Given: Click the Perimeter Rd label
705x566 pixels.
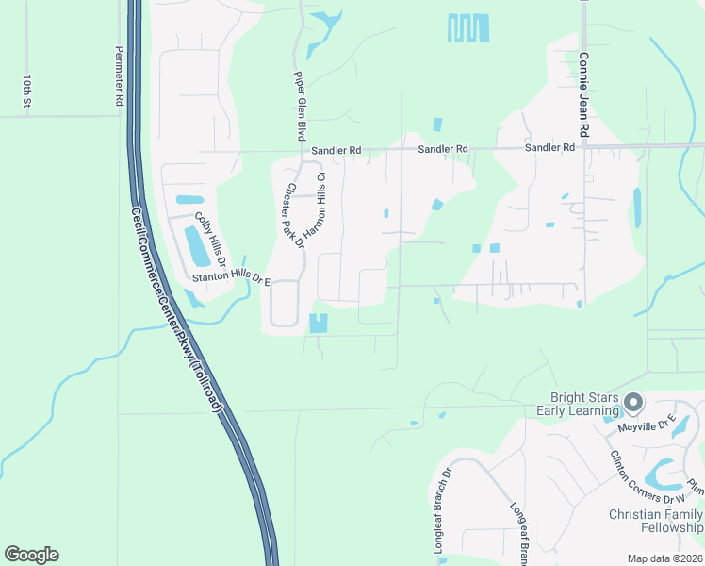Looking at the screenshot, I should [119, 76].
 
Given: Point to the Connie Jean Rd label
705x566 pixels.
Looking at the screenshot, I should [583, 95].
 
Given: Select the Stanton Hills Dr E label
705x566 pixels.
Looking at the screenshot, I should [232, 279].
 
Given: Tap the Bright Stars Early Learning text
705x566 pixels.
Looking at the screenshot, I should [578, 404].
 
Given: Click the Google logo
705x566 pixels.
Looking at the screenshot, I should [31, 555].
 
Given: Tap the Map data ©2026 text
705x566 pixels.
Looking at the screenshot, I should [664, 558].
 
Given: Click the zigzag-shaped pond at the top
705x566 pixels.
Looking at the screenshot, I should [468, 28].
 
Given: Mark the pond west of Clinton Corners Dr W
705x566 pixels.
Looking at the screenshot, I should [664, 471].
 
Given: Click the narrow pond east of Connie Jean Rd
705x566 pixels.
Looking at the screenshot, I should [637, 205].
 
